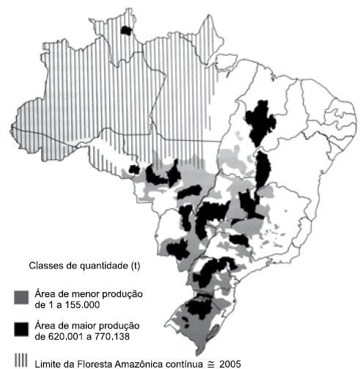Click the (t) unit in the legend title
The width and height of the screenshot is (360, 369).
(x=134, y=265)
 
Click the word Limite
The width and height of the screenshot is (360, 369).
(x=49, y=362)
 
